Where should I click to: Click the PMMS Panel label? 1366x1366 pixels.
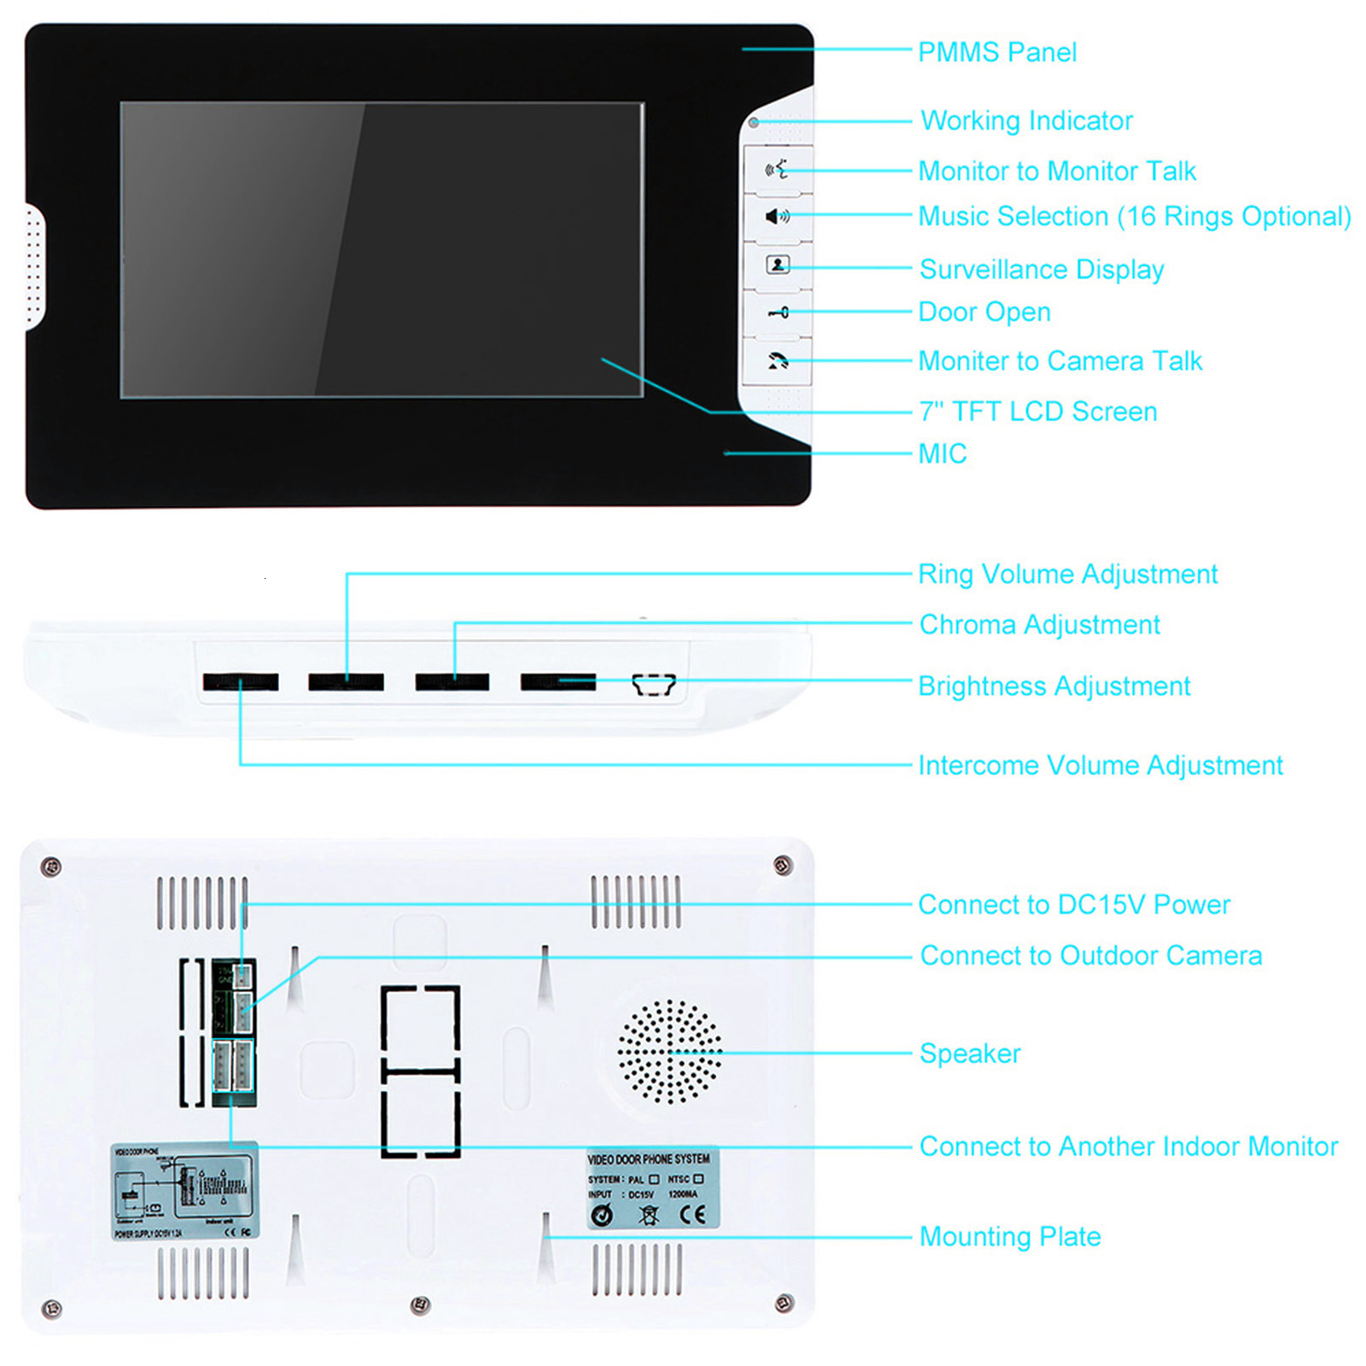996,52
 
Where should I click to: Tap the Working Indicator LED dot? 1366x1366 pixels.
754,123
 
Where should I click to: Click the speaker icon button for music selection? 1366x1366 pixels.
777,217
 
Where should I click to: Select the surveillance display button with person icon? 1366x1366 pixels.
778,265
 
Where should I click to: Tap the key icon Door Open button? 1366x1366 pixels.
778,313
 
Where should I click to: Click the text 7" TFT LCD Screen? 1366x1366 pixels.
1037,412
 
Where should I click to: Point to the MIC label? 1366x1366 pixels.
942,453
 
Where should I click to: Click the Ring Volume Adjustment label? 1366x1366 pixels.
1067,574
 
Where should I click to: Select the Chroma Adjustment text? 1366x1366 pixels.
1039,624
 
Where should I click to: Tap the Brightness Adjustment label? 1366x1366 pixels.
1054,686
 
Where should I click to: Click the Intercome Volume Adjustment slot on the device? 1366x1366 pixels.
241,681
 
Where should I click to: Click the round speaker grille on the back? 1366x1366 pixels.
669,1052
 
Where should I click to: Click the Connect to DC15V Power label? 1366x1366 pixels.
1073,904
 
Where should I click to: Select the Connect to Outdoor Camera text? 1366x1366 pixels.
1090,954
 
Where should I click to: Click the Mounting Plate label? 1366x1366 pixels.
1009,1235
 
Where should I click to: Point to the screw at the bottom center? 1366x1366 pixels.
420,1305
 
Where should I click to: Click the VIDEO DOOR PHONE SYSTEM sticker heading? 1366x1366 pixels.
649,1159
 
